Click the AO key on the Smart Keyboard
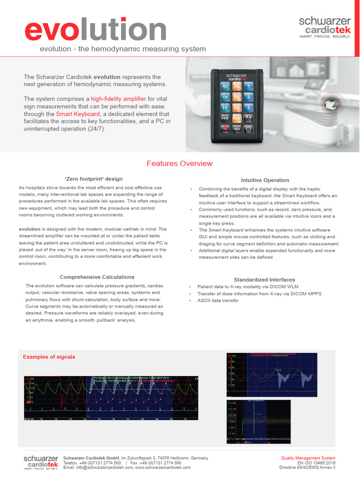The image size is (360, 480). pos(225,87)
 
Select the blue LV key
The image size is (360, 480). pos(225,108)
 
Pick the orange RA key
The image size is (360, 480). pos(237,97)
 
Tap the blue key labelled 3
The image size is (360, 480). pos(249,108)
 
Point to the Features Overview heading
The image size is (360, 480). pos(180,164)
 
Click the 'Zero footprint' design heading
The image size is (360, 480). pos(93,179)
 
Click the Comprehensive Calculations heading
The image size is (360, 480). pos(97,277)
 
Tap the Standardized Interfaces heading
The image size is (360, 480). pos(264,280)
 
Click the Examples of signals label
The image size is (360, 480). pos(49,357)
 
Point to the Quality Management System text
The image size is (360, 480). pos(308,458)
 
